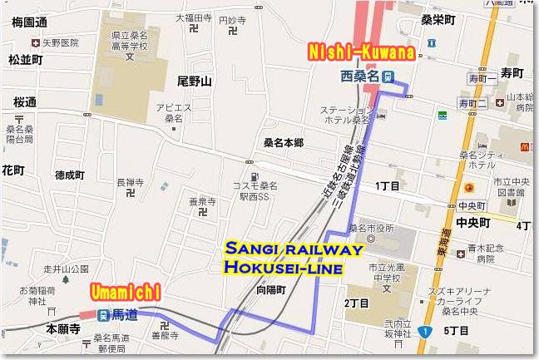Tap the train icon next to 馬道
[101, 315]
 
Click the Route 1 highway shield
[426, 332]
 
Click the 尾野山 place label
[195, 81]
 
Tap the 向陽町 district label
[271, 291]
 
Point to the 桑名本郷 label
[283, 143]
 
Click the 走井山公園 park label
[67, 269]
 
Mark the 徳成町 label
[70, 175]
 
